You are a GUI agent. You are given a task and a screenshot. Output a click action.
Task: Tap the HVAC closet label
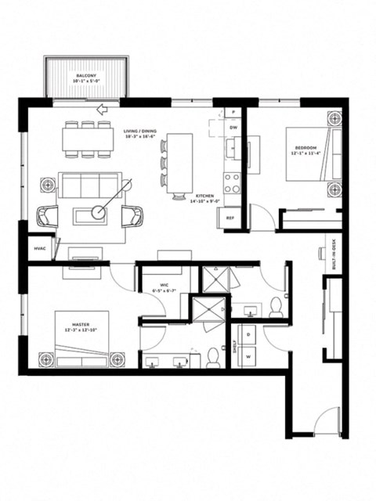[x=39, y=249]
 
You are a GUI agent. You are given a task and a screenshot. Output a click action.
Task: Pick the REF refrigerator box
[x=231, y=218]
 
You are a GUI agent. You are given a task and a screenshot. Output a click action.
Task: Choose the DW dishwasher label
[x=233, y=127]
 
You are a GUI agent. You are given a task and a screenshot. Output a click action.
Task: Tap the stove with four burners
[x=233, y=182]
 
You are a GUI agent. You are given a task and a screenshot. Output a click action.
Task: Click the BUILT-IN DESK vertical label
[x=335, y=255]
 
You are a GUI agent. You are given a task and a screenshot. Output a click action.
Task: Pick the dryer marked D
[x=249, y=334]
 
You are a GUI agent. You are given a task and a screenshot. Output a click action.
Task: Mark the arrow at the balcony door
[x=103, y=110]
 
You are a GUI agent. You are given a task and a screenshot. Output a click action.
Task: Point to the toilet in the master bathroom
[x=212, y=358]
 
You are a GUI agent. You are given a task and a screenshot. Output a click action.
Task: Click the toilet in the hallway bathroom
[x=275, y=307]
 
